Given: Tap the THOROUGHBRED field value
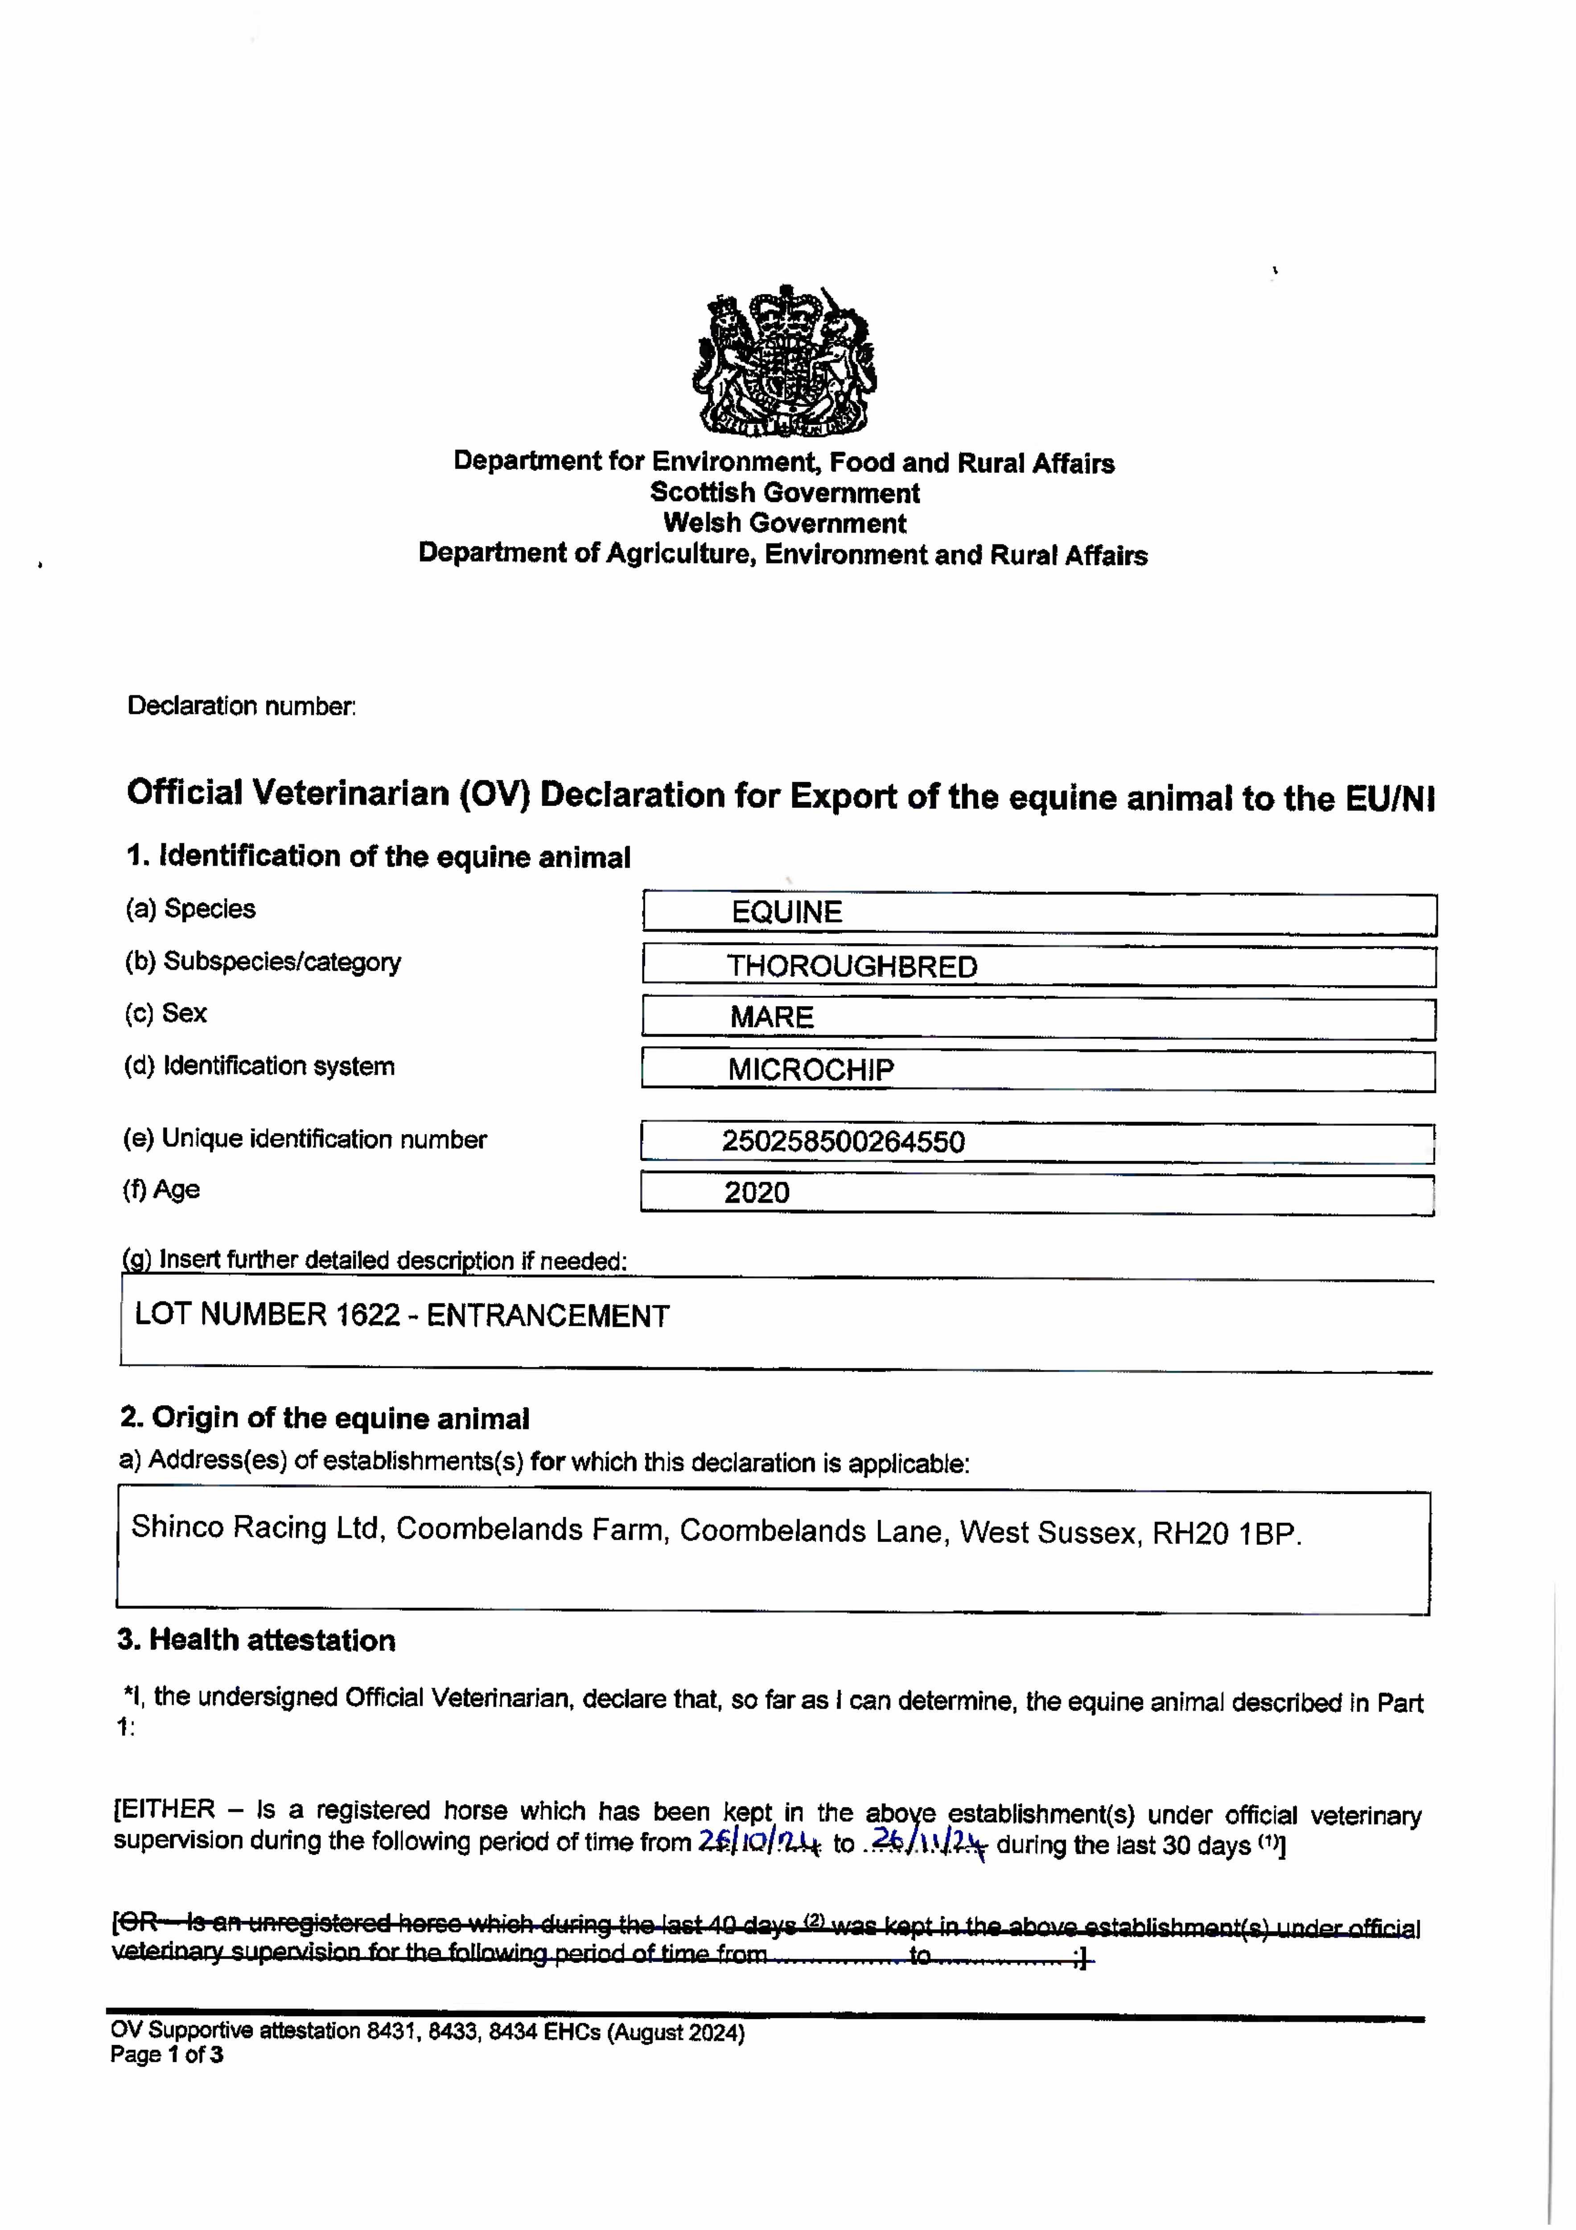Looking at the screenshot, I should pos(852,966).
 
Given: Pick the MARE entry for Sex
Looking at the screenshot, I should pos(772,1017).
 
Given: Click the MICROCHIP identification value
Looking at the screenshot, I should pos(811,1070).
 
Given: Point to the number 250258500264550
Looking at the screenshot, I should pos(843,1141).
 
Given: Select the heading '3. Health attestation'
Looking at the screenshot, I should pos(256,1640).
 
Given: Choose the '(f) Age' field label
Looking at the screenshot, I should pos(161,1190).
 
